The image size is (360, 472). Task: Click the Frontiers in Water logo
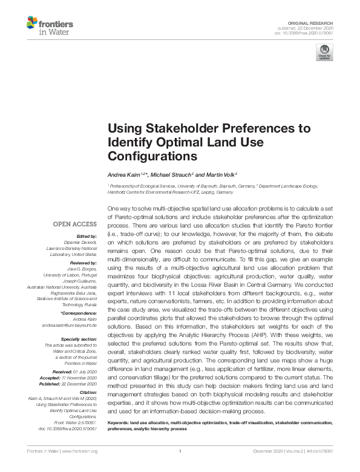(49, 27)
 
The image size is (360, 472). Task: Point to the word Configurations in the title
(152, 156)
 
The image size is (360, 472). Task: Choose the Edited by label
(88, 236)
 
